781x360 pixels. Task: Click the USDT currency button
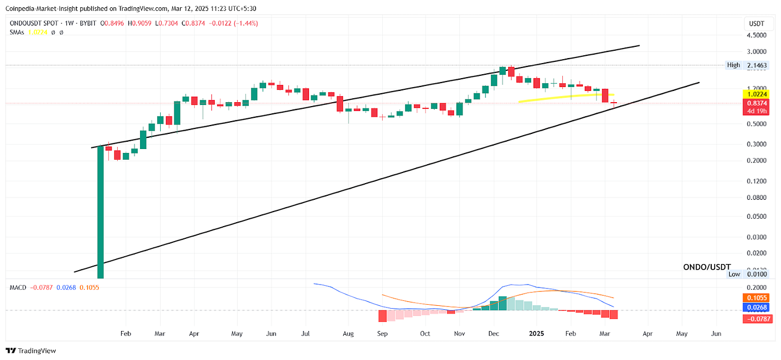[x=756, y=23]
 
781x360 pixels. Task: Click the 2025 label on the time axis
[x=536, y=334]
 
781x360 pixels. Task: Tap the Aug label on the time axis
[x=348, y=334]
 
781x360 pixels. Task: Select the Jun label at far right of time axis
[x=716, y=334]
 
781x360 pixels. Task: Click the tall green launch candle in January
[x=100, y=212]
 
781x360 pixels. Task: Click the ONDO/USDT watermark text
[x=707, y=267]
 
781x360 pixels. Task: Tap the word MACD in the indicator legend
[x=18, y=287]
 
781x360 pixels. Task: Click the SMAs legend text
[x=18, y=32]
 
